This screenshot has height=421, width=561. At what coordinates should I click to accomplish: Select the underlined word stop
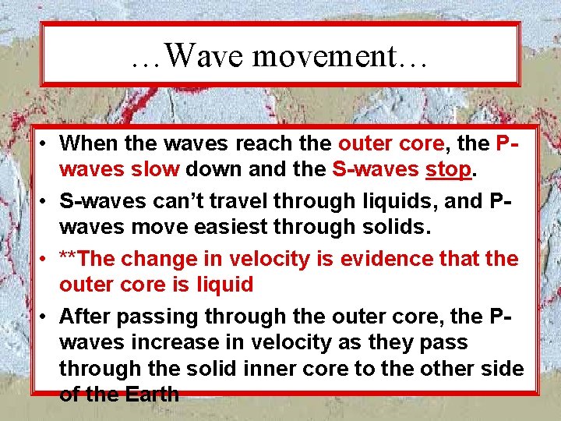(448, 169)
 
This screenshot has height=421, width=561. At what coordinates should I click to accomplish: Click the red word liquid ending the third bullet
(222, 285)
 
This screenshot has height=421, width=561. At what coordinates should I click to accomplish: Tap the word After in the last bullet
(86, 317)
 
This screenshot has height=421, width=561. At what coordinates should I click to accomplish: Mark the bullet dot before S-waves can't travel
(47, 201)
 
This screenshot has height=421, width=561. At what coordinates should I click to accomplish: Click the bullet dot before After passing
(47, 317)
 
